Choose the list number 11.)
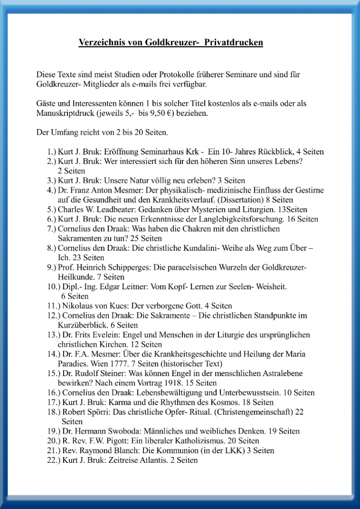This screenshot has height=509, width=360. [53, 305]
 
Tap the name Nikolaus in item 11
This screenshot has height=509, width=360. [77, 305]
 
